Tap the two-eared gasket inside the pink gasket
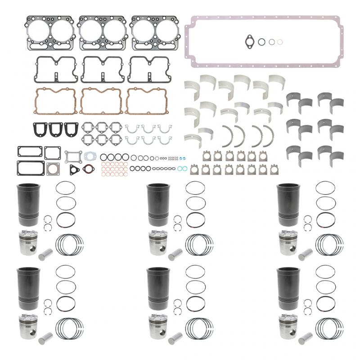(250, 42)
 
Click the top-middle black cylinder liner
(156, 205)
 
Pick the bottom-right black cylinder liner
(287, 288)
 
